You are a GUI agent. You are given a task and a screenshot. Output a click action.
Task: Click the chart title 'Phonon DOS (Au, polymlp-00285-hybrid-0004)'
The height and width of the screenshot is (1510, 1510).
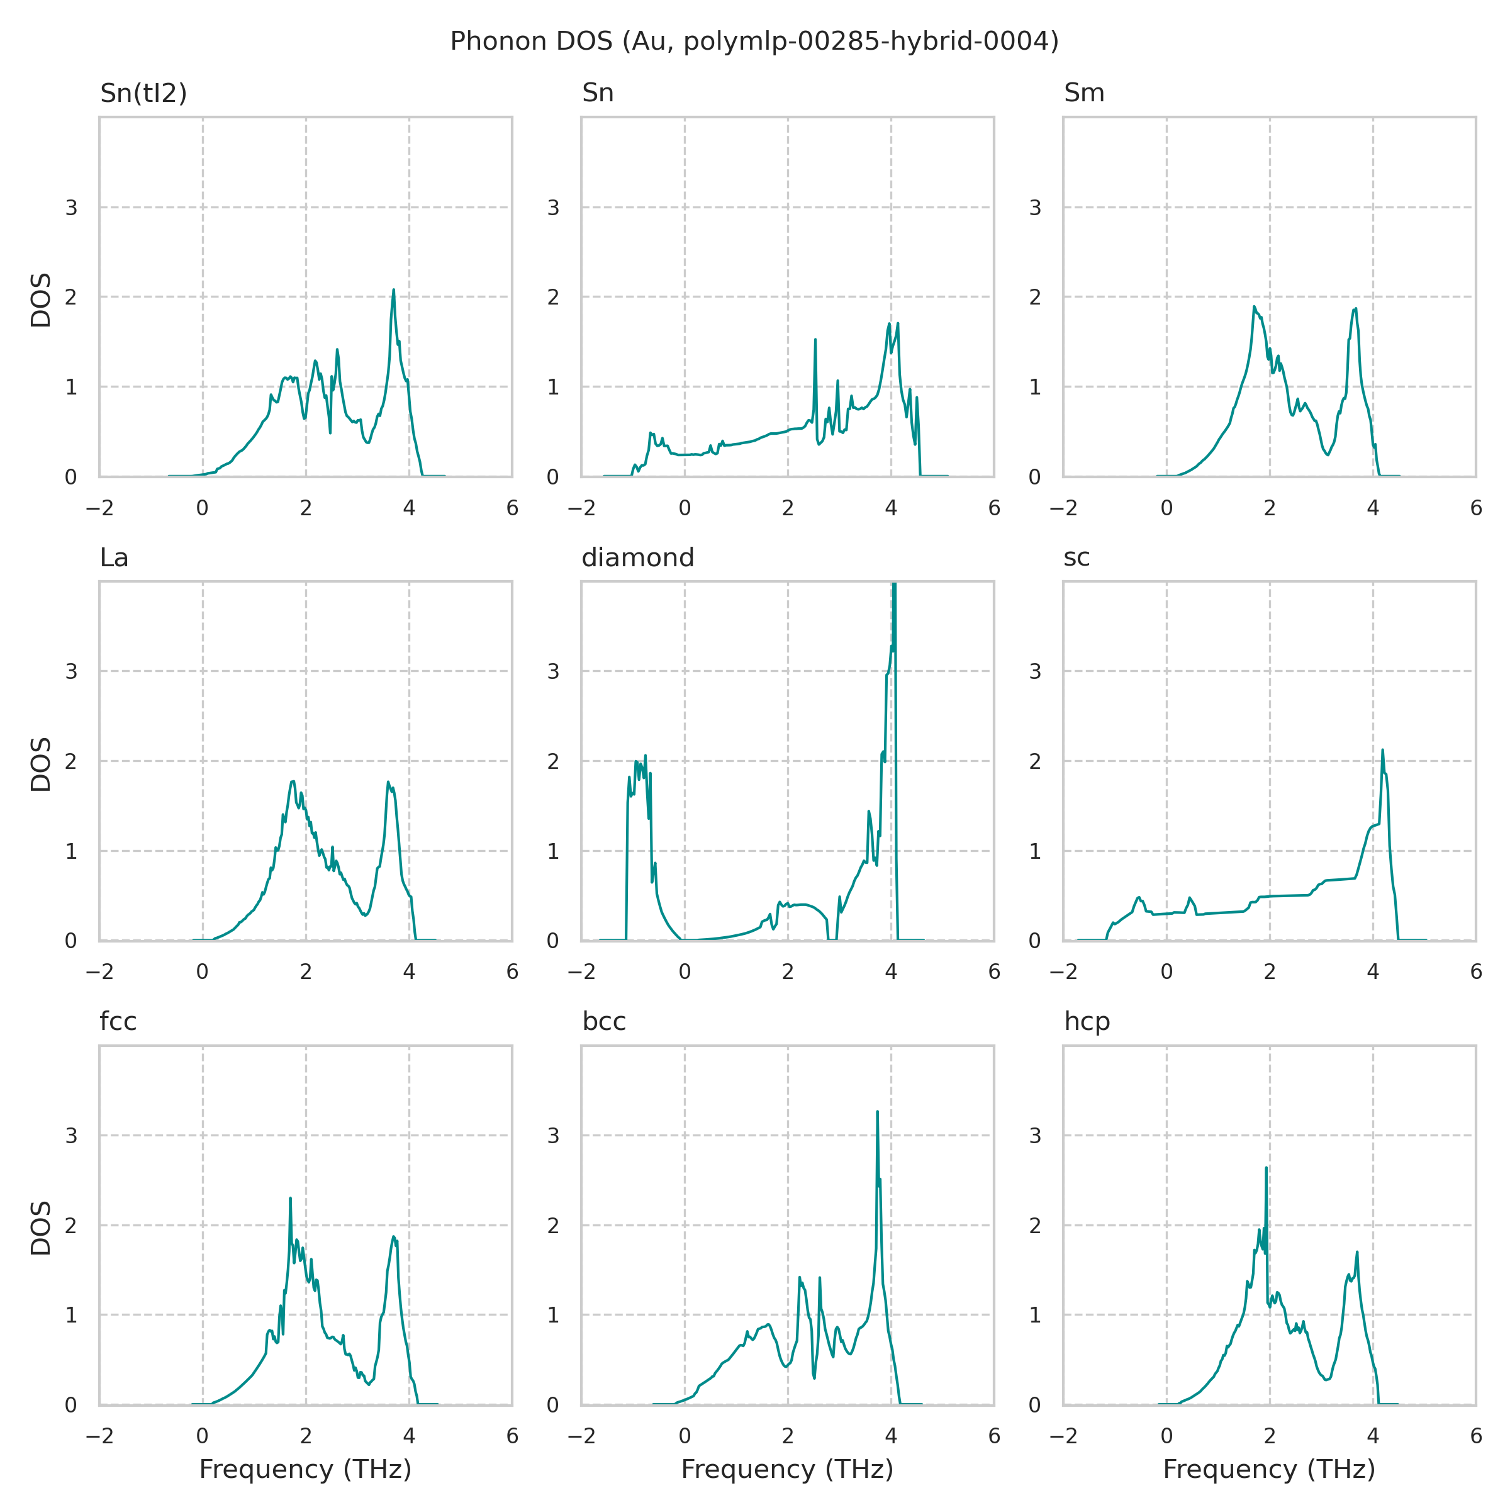click(754, 42)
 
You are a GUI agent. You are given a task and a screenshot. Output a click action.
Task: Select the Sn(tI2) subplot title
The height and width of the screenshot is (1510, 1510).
click(144, 93)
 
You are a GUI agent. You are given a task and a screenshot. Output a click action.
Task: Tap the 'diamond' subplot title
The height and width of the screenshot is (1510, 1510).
click(638, 557)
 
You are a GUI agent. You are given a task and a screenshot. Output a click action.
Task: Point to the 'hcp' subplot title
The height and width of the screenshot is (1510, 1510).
click(1087, 1022)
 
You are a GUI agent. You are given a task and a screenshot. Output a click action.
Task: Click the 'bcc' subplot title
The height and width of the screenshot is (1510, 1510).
click(604, 1022)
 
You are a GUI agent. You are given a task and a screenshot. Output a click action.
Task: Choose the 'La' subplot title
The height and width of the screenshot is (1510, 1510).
click(114, 557)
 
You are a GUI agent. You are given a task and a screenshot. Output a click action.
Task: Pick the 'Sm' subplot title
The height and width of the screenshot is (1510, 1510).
click(1084, 93)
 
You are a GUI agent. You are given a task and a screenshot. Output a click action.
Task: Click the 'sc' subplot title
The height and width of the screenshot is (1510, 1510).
click(1077, 557)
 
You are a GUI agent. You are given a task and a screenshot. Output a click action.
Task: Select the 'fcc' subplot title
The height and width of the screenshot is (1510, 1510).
click(118, 1022)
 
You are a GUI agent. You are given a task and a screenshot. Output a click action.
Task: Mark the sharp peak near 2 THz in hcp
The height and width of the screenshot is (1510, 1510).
click(1265, 1168)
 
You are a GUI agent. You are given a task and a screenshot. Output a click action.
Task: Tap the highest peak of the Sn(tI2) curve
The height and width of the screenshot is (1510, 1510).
click(393, 290)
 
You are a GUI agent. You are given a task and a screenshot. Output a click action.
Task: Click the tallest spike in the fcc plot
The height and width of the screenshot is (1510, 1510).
click(290, 1198)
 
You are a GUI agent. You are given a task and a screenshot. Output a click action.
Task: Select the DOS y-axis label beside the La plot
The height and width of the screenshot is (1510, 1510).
click(41, 764)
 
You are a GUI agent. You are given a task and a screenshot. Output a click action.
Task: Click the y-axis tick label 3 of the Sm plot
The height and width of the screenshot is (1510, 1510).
click(1035, 208)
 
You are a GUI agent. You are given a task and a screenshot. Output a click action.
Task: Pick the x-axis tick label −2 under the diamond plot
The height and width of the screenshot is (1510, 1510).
click(581, 971)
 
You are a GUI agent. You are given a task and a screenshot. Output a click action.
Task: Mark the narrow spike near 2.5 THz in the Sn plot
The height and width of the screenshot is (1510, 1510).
click(815, 340)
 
